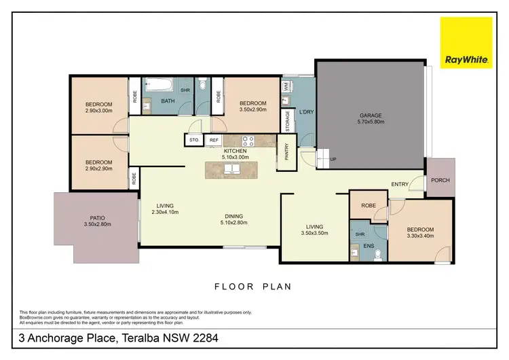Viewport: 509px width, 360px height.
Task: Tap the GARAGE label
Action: (371, 116)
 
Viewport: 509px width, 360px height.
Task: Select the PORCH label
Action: (438, 181)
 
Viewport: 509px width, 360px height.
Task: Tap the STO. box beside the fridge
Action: (193, 141)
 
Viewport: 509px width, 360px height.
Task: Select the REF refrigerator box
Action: (213, 141)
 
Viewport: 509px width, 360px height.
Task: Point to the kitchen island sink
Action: (232, 168)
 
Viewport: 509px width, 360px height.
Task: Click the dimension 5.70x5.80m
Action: (371, 122)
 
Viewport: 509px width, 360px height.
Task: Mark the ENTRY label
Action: (400, 183)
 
